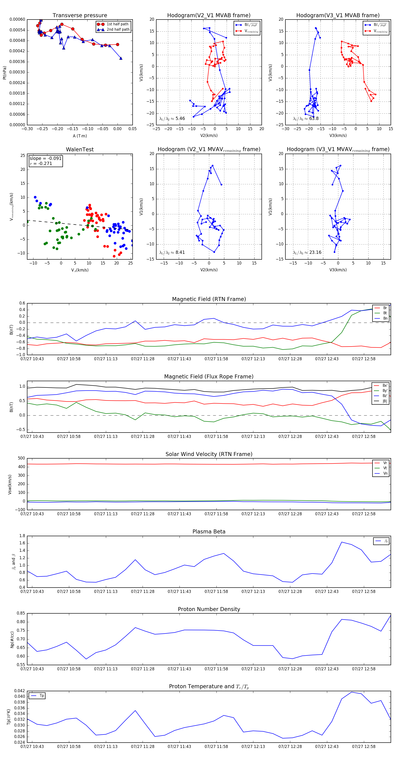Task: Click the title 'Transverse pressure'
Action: tap(80, 16)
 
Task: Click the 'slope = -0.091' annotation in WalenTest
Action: tap(45, 159)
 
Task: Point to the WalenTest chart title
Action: tap(80, 149)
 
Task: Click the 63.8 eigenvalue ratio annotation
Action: tap(306, 119)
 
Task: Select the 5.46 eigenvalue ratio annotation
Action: tap(172, 119)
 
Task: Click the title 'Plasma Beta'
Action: tap(209, 532)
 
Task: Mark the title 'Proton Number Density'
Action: tap(209, 609)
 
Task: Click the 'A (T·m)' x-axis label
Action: tap(80, 136)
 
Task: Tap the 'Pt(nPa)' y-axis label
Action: tap(4, 73)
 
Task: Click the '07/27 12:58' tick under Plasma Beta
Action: tap(364, 592)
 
